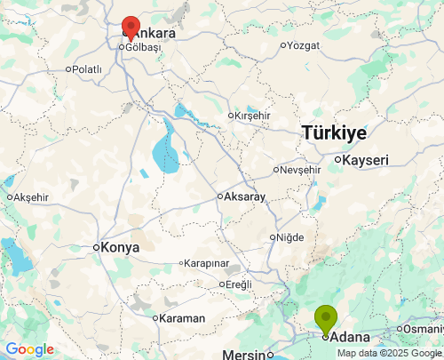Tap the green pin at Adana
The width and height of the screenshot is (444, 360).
click(326, 317)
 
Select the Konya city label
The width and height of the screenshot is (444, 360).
click(120, 247)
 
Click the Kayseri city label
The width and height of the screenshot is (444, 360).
click(366, 160)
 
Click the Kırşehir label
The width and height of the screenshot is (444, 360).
click(252, 116)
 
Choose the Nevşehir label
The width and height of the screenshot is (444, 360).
click(300, 169)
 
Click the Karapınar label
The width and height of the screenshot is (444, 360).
click(208, 263)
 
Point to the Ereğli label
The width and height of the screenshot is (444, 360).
click(239, 284)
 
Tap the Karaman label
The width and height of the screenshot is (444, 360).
click(183, 318)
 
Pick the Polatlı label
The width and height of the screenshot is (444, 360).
click(87, 68)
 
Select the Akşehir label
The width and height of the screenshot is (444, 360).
click(31, 196)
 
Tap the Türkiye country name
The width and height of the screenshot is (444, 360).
click(334, 132)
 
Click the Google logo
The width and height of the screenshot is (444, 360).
click(29, 349)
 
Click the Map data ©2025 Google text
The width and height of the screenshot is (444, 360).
click(388, 353)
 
